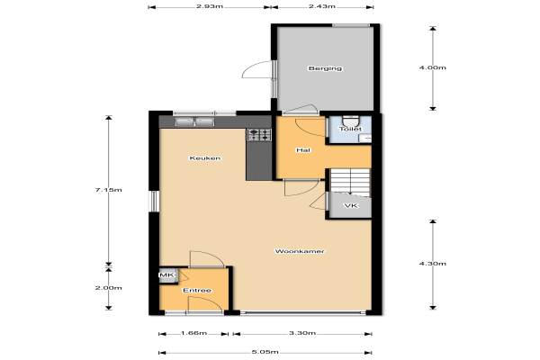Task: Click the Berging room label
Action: coord(325,68)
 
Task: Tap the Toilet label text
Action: coord(350,129)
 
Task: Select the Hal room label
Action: coord(303,150)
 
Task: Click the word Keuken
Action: coord(205,158)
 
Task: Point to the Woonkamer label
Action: coord(300,251)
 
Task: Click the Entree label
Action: coord(197,291)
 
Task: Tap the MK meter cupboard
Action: coord(167,275)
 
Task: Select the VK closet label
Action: coord(351,206)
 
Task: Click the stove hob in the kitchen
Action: coord(259,135)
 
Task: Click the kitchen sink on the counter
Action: coord(194,121)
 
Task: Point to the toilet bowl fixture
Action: coord(350,121)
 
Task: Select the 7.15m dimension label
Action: coord(109,190)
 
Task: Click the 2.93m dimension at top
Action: coord(210,6)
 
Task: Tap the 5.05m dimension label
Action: coord(265,352)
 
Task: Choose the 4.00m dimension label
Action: coord(433,67)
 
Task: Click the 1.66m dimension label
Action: coord(193,333)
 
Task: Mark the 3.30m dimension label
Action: coord(302,333)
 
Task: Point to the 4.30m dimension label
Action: coord(433,264)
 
